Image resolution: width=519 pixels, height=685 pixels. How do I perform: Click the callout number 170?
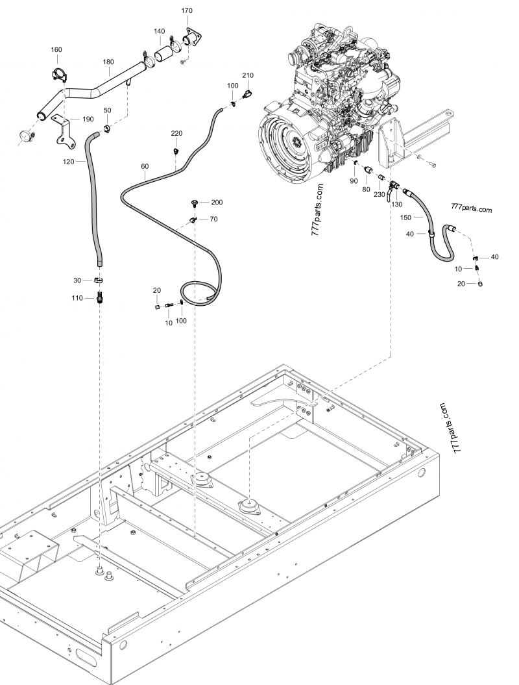[x=187, y=11]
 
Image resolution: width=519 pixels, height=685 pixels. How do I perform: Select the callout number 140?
[x=159, y=31]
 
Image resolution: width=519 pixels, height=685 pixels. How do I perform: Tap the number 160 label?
[x=56, y=50]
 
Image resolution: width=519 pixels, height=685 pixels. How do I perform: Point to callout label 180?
[x=108, y=62]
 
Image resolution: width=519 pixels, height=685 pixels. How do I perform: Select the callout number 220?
[x=176, y=133]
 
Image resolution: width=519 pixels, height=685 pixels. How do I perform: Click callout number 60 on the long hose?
[x=145, y=167]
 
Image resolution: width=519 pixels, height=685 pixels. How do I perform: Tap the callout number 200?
[x=217, y=203]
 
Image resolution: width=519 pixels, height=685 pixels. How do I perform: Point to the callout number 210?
[x=248, y=76]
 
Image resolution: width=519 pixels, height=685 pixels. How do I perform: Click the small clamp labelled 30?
[x=99, y=280]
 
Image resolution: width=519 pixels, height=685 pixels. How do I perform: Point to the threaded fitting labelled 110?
[x=100, y=297]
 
